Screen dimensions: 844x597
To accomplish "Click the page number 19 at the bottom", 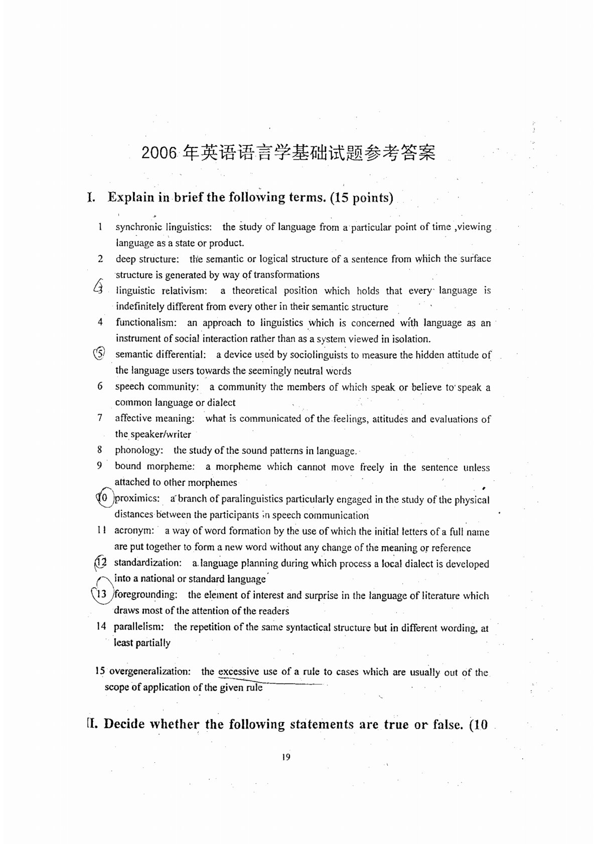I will [286, 757].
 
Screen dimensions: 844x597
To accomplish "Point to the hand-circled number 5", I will [99, 354].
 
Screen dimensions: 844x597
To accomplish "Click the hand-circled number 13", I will [101, 594].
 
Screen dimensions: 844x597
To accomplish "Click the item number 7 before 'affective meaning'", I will [100, 418].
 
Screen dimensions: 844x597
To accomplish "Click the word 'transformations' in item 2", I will [286, 275].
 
